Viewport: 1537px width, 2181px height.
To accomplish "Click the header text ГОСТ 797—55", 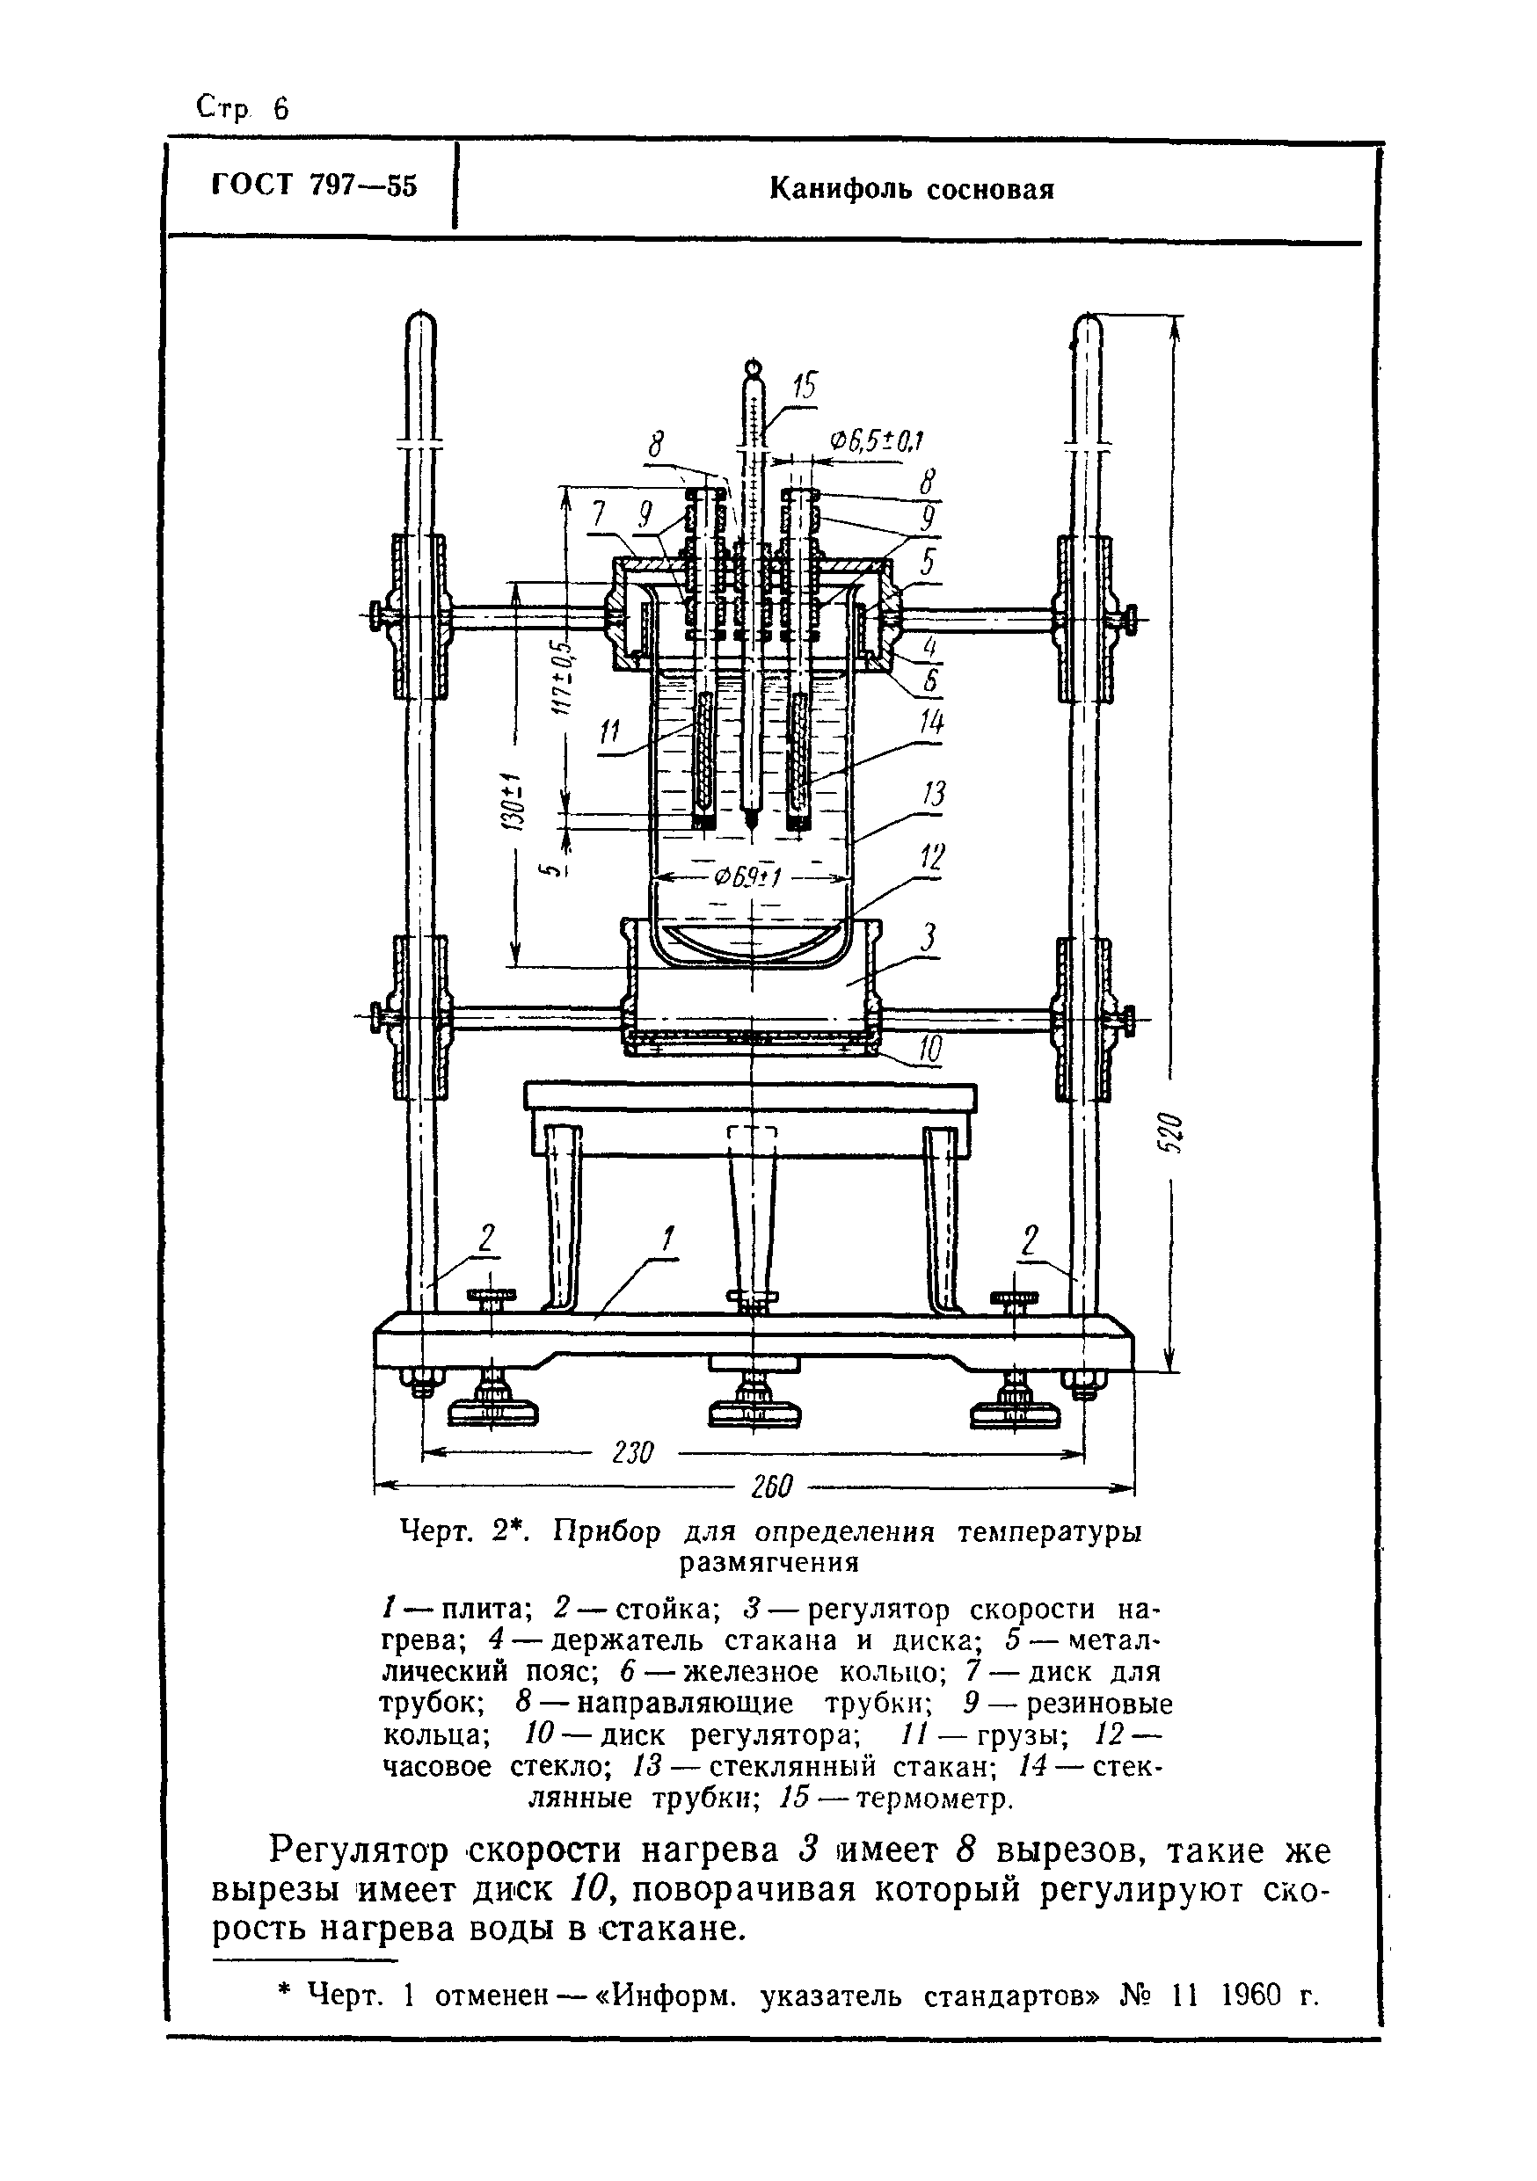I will pos(315,185).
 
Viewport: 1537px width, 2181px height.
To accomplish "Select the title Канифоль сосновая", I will pos(911,190).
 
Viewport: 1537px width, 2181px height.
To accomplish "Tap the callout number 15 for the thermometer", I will pos(804,387).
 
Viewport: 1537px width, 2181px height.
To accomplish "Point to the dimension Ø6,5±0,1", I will pos(877,440).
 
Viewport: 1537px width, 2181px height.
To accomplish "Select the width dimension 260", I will pos(770,1487).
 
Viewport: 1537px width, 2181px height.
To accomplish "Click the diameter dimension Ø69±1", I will pos(748,876).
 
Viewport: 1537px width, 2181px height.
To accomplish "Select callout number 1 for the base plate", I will pos(667,1239).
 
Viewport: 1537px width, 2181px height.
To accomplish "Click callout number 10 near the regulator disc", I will pos(930,1050).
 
